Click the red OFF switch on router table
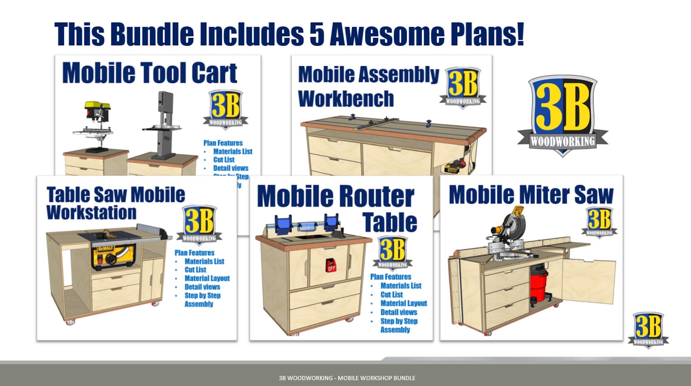(x=331, y=265)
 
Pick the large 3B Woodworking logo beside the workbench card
(x=562, y=114)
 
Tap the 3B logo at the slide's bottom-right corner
(x=648, y=329)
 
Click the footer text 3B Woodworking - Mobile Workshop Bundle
(x=347, y=378)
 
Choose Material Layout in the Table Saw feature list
(x=207, y=279)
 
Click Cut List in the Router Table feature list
(x=392, y=295)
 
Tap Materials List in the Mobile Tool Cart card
(x=232, y=151)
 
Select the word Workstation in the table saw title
(x=91, y=213)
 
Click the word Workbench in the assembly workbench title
(x=346, y=99)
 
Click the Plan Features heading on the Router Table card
(x=390, y=277)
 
